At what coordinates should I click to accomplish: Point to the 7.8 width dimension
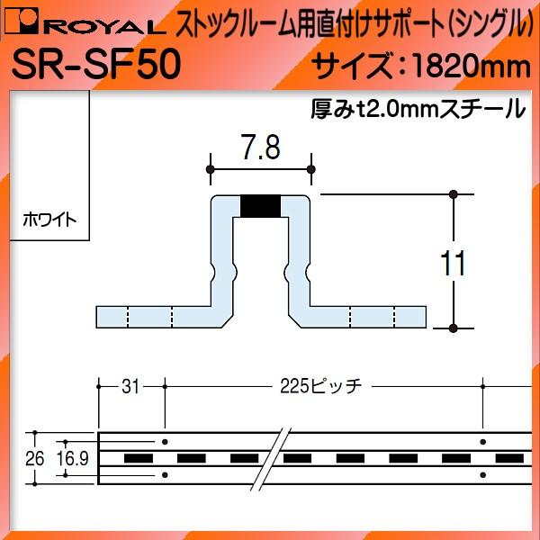[x=260, y=147]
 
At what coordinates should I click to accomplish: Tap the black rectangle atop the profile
[x=261, y=206]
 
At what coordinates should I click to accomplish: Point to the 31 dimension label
[x=130, y=387]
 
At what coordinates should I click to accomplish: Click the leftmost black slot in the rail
[x=137, y=458]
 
